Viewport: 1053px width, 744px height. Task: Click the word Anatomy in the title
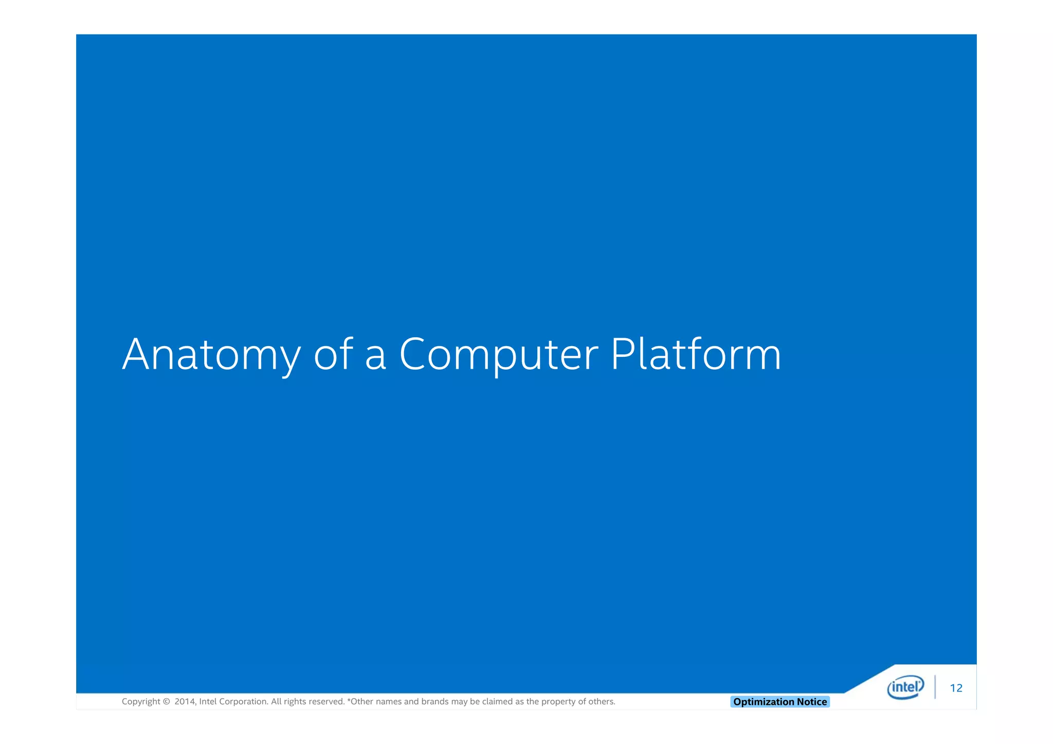[211, 355]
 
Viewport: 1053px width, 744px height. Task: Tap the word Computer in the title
[498, 355]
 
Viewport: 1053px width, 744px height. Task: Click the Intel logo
[905, 687]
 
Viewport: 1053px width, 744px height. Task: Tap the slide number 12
[956, 688]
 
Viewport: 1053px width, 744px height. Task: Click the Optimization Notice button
[779, 702]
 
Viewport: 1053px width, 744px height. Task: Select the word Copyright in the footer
[141, 702]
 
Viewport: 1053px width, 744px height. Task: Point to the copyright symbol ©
[166, 701]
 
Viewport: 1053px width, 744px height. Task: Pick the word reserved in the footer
[326, 701]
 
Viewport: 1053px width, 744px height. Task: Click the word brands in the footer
[434, 701]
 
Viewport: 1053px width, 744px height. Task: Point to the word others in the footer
[602, 701]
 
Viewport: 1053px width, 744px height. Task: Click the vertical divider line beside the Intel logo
[935, 687]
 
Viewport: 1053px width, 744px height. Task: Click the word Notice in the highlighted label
[812, 702]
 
